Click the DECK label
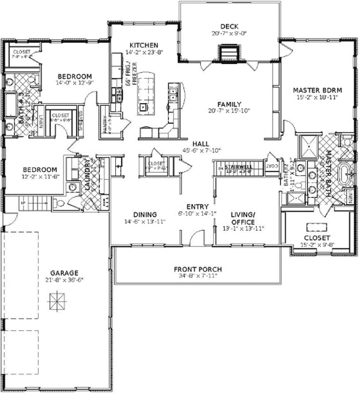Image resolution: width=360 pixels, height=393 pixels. [x=229, y=26]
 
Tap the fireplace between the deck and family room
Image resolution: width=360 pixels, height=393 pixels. [x=228, y=53]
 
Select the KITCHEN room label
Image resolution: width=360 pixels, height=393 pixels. [x=144, y=44]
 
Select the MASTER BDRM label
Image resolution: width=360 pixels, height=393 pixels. [x=317, y=90]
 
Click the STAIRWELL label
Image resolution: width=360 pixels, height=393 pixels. [x=238, y=167]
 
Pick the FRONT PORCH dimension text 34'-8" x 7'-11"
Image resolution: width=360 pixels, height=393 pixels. [x=198, y=276]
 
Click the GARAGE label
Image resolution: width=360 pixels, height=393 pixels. [x=64, y=272]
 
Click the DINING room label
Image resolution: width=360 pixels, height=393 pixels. [x=145, y=214]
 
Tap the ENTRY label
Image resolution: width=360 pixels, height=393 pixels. [x=197, y=206]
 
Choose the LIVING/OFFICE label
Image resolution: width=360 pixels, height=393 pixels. [x=243, y=218]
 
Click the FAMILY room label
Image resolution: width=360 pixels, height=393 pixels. [x=229, y=104]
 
